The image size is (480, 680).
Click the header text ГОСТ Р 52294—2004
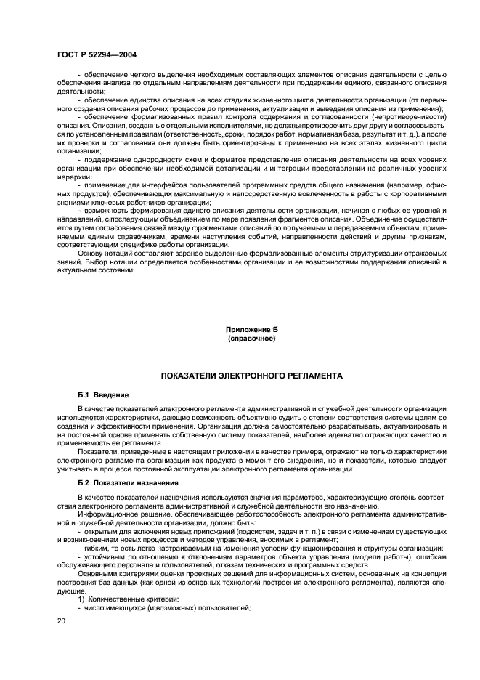tap(96, 54)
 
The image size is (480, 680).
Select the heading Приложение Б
tap(251, 330)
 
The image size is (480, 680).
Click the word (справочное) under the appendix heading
tap(251, 339)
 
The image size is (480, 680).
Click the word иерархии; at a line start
tap(74, 177)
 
